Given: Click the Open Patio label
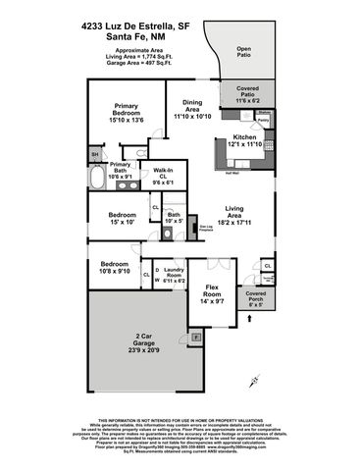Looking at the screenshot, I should tap(242, 53).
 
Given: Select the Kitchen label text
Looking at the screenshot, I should tap(245, 136).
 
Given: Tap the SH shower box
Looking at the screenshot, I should tap(95, 155).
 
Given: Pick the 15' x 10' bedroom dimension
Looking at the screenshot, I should tap(122, 220).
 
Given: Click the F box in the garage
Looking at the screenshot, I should tap(196, 338).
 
